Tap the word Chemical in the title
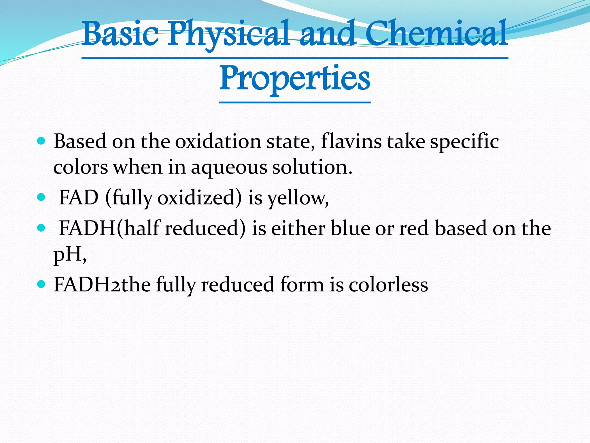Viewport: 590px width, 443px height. pos(436,34)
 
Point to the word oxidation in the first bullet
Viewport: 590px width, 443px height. pos(218,142)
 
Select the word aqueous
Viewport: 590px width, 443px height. pos(229,167)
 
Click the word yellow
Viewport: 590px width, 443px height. pos(298,198)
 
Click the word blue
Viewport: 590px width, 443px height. pos(350,228)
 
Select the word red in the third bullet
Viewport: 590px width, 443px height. pos(414,229)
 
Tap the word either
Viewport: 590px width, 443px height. pos(298,228)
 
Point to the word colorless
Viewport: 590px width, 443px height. pos(388,285)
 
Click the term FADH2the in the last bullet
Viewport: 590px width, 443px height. pos(102,285)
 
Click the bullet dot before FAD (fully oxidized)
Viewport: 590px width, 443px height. pos(41,198)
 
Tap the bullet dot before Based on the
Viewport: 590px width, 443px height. pos(41,141)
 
